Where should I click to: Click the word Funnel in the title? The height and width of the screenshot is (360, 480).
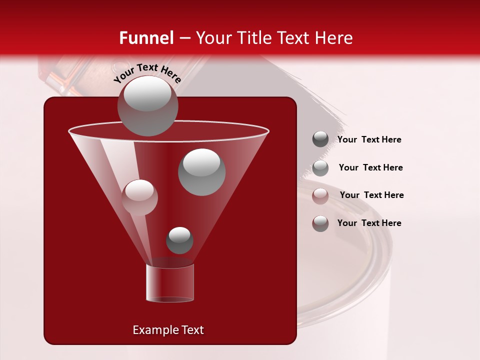pos(146,38)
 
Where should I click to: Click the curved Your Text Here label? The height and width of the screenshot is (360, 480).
pos(147,73)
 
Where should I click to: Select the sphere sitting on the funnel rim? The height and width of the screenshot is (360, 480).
pos(147,106)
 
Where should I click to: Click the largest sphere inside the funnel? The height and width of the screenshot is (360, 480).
pos(202,172)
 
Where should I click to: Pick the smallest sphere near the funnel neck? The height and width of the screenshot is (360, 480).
pos(179,240)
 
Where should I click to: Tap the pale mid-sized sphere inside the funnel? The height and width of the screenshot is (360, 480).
pos(139,197)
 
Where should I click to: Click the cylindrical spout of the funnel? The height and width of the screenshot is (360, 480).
pos(169,283)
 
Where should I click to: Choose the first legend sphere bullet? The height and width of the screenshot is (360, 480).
pos(320,139)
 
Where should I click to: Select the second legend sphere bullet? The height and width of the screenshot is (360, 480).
pos(320,167)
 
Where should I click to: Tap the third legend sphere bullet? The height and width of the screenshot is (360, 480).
pos(320,195)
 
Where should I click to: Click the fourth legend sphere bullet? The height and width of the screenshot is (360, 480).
pos(320,223)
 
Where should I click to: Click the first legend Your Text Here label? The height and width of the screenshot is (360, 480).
pos(369,140)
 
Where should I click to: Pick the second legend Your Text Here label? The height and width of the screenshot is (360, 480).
pos(370,168)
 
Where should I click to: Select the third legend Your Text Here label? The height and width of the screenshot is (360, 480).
pos(371,195)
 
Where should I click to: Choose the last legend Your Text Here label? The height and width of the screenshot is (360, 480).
pos(369,223)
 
